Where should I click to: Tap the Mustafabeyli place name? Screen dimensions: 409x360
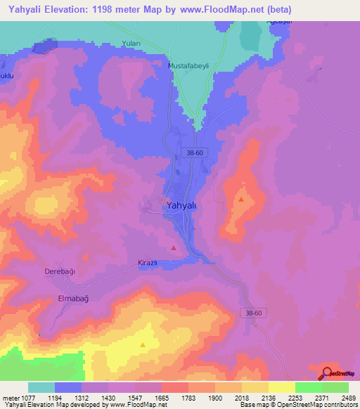pyautogui.click(x=189, y=66)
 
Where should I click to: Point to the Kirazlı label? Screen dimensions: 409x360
pyautogui.click(x=149, y=264)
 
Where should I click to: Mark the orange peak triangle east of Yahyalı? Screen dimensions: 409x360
pyautogui.click(x=241, y=200)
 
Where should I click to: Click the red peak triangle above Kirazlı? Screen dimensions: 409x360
pyautogui.click(x=174, y=247)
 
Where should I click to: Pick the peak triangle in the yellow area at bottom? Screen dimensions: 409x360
pyautogui.click(x=143, y=344)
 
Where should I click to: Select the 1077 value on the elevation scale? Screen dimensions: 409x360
pyautogui.click(x=25, y=398)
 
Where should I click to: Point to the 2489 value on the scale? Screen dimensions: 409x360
pyautogui.click(x=347, y=398)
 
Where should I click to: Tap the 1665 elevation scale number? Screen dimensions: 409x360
pyautogui.click(x=160, y=398)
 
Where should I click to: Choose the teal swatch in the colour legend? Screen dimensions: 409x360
pyautogui.click(x=41, y=387)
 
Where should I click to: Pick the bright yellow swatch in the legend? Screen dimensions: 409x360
pyautogui.click(x=281, y=387)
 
